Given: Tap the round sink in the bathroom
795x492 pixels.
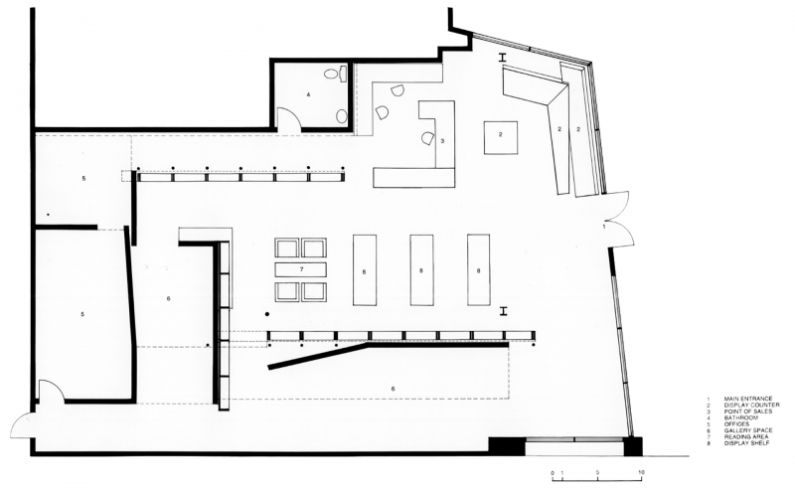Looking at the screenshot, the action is [342, 116].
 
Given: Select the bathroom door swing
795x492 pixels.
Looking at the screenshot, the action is [288, 119].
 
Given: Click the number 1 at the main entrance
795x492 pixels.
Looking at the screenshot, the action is [604, 227].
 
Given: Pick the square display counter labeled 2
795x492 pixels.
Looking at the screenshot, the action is [501, 137].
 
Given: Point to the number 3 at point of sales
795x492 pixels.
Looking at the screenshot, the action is [442, 141].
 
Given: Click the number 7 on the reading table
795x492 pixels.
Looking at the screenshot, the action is [301, 269].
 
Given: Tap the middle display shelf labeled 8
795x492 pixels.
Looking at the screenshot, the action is [421, 269].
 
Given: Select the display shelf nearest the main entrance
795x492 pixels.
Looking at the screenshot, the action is [479, 269].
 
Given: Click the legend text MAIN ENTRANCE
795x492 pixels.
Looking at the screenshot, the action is [748, 400].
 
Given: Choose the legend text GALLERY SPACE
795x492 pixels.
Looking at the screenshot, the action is [748, 430].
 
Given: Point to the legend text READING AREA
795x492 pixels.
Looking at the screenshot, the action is [746, 436].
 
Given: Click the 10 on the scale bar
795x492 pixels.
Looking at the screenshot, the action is [641, 472].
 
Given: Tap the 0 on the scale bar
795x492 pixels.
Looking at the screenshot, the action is [553, 473].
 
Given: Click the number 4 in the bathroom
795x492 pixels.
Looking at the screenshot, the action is [308, 94].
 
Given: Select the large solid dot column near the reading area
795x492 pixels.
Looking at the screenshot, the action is [267, 314].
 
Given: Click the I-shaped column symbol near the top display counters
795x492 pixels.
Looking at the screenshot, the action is [503, 59].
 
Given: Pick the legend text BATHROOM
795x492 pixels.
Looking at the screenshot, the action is [740, 417].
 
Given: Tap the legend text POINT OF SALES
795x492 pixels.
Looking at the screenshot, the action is [748, 411].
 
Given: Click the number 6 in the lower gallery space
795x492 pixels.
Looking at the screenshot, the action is [393, 389].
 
